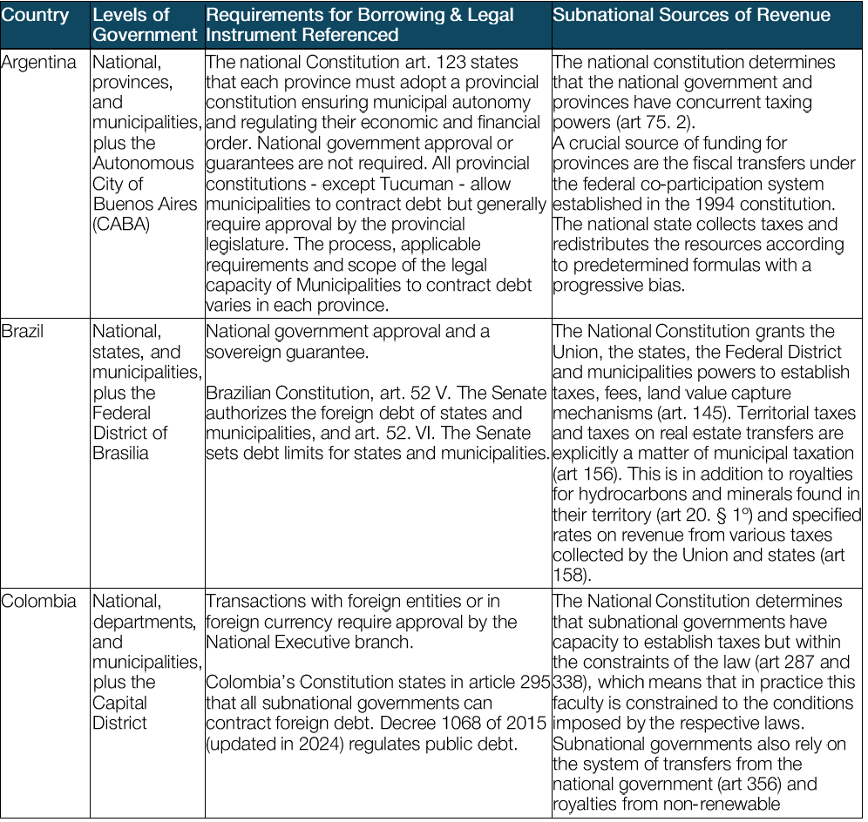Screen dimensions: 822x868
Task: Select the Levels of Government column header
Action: (x=145, y=25)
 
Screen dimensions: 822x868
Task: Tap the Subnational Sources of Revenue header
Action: (x=691, y=16)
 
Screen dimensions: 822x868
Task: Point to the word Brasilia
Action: (x=121, y=453)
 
